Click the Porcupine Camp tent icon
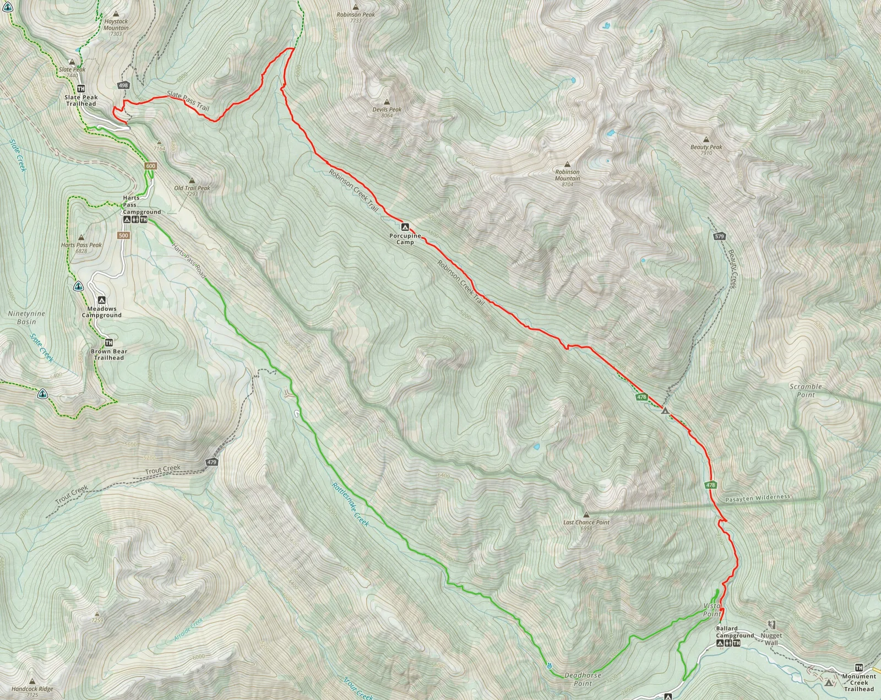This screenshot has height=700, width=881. (x=405, y=226)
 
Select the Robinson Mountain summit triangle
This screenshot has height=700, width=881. (x=567, y=164)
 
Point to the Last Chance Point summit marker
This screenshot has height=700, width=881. (x=586, y=514)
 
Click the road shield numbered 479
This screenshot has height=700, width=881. (x=212, y=462)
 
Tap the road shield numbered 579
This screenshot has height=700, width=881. (x=719, y=236)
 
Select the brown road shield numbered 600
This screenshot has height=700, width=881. (x=151, y=166)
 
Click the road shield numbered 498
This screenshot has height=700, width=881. (x=123, y=85)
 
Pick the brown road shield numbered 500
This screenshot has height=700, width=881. (x=123, y=235)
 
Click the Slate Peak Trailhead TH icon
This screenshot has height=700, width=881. (x=81, y=89)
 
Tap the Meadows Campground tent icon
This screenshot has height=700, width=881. (x=101, y=300)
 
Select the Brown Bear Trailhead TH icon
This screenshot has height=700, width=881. (x=108, y=343)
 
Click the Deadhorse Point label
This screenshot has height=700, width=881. (x=583, y=679)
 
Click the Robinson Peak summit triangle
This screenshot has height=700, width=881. (x=356, y=7)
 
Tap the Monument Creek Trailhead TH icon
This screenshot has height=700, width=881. (x=859, y=668)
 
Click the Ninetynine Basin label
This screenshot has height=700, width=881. (x=26, y=317)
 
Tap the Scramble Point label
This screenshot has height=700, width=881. (x=806, y=390)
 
